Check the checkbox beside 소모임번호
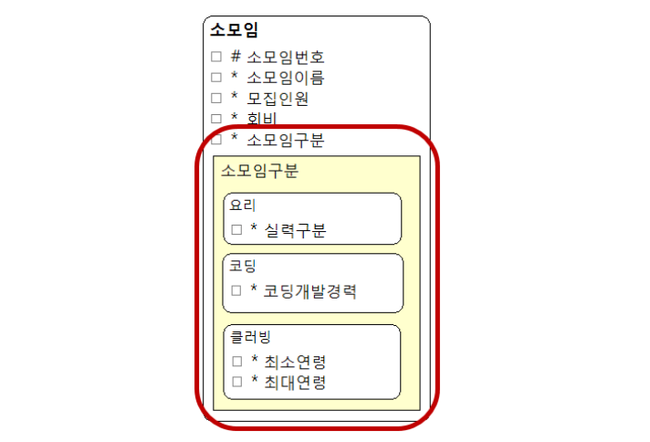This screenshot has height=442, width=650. (216, 57)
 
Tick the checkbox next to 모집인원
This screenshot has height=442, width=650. (216, 98)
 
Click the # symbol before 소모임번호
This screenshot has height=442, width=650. (236, 57)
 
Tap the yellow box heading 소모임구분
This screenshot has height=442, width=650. (259, 171)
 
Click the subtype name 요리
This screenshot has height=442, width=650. (243, 205)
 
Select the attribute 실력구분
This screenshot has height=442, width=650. (295, 229)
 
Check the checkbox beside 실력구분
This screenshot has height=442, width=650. (236, 229)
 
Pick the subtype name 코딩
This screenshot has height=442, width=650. (243, 267)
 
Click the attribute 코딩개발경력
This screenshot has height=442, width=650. (309, 291)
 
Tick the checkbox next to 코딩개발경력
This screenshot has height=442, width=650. (236, 291)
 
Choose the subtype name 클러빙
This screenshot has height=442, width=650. (250, 337)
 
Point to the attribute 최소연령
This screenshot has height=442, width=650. (295, 362)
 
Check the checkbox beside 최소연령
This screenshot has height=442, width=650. (236, 362)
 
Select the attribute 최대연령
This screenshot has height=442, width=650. (295, 382)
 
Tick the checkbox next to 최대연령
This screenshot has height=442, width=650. (236, 382)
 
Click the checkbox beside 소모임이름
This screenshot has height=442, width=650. (216, 78)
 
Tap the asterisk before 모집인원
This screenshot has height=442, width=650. (235, 97)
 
